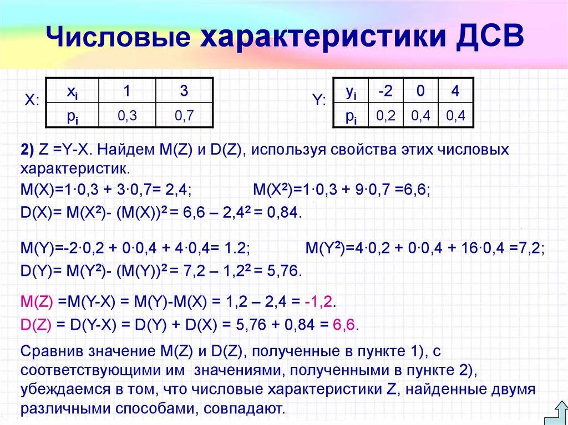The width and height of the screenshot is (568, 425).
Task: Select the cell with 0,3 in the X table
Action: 127,115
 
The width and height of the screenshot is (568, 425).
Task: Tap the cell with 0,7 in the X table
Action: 184,115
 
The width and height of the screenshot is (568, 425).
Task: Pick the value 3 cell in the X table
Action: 184,91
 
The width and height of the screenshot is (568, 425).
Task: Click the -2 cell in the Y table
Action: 387,91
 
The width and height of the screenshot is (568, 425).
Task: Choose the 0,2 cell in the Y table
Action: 387,115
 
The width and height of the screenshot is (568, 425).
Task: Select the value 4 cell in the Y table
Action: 455,91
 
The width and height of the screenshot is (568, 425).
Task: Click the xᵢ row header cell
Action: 72,91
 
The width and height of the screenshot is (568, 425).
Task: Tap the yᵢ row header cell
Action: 351,91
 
